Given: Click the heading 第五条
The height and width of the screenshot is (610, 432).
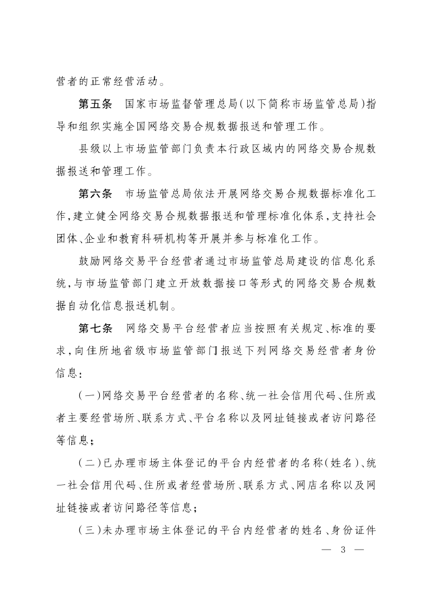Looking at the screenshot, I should click(95, 104).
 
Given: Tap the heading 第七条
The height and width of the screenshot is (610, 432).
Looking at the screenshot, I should click(95, 328).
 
